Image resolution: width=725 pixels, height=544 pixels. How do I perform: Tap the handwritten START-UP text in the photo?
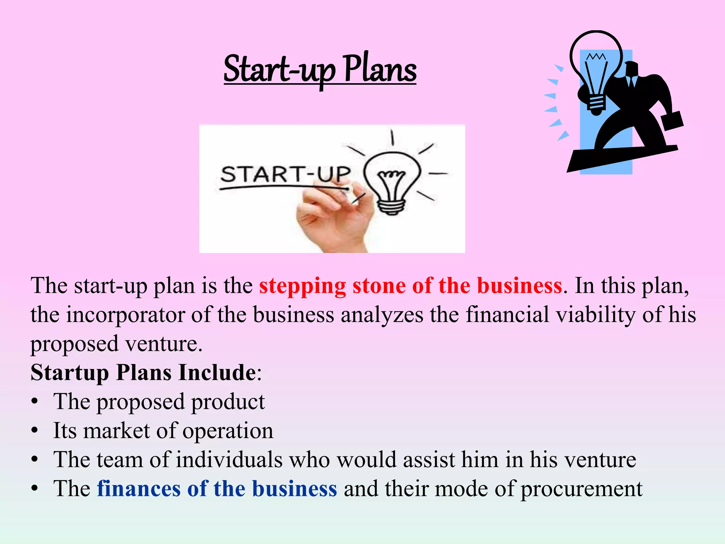(x=285, y=174)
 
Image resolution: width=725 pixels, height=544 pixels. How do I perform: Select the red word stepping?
(x=302, y=286)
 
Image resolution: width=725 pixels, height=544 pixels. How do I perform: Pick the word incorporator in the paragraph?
(x=125, y=314)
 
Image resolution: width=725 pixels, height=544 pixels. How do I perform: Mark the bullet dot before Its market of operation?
(x=34, y=431)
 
